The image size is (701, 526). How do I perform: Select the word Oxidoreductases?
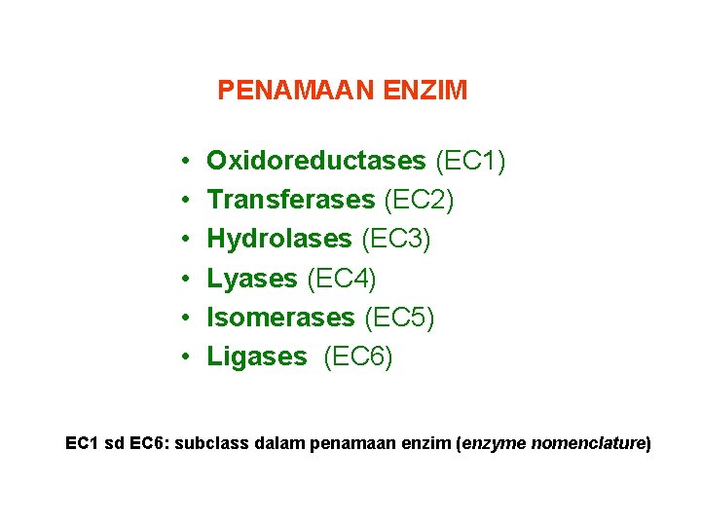point(316,160)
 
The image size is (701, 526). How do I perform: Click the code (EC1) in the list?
point(470,160)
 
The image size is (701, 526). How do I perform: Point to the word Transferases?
point(291,200)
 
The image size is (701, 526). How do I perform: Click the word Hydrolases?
point(279,239)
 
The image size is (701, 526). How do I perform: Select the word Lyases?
point(252,279)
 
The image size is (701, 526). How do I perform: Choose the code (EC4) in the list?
point(342,279)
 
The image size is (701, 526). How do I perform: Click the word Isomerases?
point(281,318)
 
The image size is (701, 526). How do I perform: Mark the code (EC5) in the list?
point(399,318)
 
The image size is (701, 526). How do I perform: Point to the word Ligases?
point(256,357)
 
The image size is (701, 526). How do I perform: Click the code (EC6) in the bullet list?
point(358,357)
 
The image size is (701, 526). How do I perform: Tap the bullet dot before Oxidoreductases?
point(184,161)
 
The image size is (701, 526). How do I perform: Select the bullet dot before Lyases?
point(184,280)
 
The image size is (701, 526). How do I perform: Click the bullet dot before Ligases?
point(184,357)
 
